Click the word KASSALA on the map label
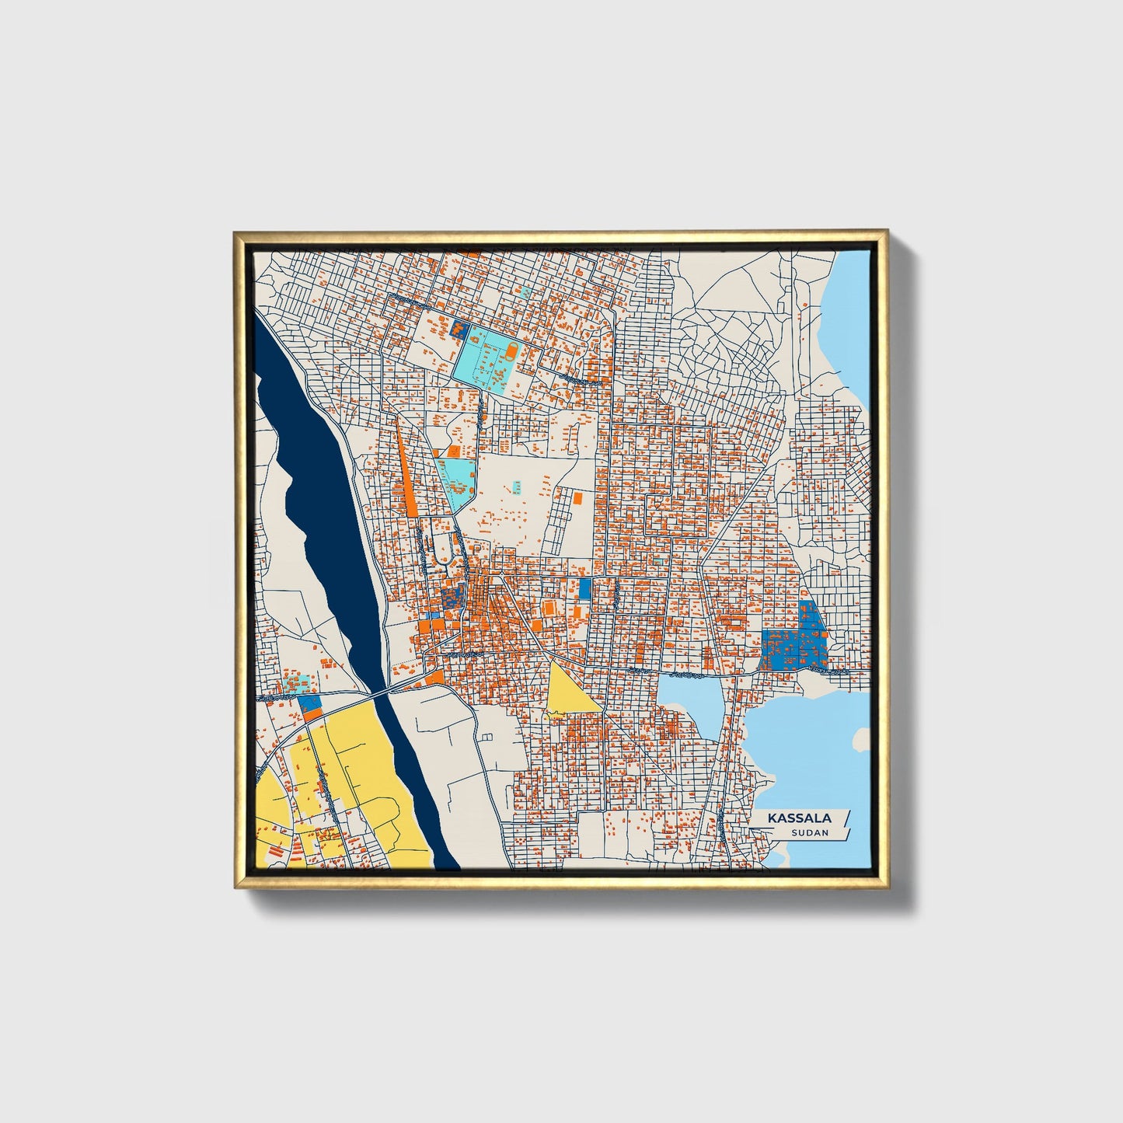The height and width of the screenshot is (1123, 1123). point(800,818)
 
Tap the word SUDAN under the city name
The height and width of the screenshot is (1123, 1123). point(809,833)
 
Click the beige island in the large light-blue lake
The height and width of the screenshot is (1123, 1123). point(860,739)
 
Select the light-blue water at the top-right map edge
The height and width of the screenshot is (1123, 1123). point(851,311)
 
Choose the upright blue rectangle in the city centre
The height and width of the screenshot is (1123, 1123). point(584,588)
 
